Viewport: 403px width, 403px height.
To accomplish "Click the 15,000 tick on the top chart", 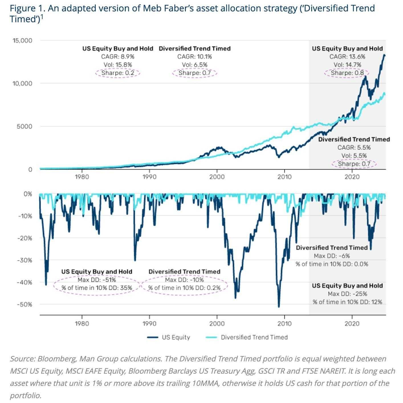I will [x=22, y=40].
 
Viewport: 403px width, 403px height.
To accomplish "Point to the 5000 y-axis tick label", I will [x=24, y=126].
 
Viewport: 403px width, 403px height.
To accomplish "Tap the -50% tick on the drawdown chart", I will [x=25, y=304].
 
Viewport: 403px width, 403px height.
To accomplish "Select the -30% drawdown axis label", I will [x=25, y=260].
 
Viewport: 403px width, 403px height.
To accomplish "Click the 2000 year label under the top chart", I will [x=217, y=177].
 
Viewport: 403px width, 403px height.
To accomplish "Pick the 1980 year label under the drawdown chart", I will [x=82, y=323].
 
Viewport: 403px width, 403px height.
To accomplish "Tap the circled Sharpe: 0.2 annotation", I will [x=117, y=73].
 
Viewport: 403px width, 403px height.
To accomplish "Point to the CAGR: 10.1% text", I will [x=194, y=57].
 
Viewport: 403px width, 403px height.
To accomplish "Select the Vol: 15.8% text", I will [x=117, y=65].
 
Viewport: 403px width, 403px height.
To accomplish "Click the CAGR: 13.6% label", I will [x=347, y=57].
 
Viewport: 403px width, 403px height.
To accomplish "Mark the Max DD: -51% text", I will [x=97, y=280].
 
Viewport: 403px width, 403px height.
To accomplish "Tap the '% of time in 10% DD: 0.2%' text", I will [x=184, y=288].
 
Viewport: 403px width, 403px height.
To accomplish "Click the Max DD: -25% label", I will [x=347, y=294].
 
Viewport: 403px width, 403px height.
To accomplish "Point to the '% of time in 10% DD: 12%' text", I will [x=347, y=302].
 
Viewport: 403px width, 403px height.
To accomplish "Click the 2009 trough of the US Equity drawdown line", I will [x=279, y=307].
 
